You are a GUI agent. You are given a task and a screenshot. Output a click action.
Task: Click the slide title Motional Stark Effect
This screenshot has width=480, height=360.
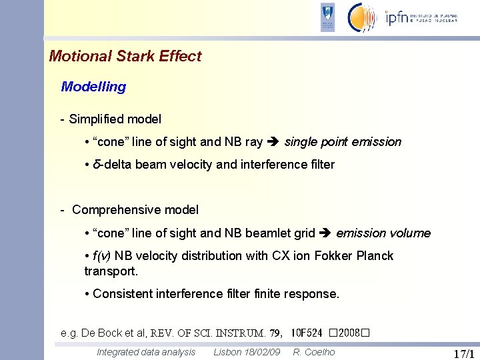tap(125, 57)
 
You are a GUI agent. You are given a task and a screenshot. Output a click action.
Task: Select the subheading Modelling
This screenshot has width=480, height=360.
tap(93, 87)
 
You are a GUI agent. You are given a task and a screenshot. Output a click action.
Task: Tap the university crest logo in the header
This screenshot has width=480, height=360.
tap(327, 17)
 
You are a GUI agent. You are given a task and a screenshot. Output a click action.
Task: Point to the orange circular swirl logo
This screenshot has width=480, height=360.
tap(363, 17)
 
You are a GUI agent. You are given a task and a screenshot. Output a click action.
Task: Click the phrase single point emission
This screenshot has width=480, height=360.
tap(343, 142)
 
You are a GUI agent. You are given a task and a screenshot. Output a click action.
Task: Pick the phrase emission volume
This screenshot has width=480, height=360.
tap(383, 233)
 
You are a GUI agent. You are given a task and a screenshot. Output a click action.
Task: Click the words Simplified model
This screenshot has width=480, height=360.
tap(115, 119)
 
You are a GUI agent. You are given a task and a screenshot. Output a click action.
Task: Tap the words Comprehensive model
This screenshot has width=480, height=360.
tap(135, 210)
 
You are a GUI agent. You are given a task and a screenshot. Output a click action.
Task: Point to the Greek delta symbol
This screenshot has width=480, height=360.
tap(97, 165)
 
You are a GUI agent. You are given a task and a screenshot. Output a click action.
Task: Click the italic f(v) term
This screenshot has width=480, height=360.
tap(102, 256)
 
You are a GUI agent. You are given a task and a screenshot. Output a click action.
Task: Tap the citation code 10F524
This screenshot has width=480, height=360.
tap(307, 333)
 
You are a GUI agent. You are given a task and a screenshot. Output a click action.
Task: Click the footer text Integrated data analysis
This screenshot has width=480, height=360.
tap(146, 352)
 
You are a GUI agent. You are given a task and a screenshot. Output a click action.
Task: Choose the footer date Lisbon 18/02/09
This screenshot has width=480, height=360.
tap(247, 352)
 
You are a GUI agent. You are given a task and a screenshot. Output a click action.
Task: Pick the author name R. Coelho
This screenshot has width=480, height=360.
tap(315, 352)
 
